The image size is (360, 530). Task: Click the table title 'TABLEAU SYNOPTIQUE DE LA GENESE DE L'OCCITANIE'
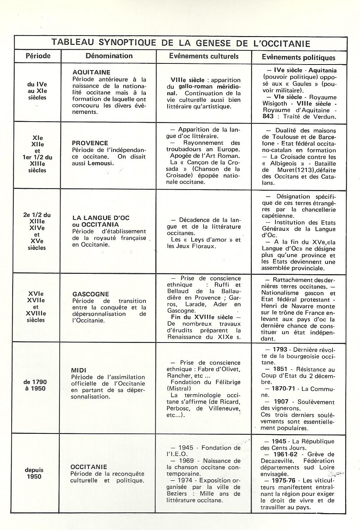[x=181, y=43]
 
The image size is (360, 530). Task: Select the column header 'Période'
[x=38, y=56]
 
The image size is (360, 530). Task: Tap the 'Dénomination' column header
[x=109, y=56]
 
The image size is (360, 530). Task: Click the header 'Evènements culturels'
[x=204, y=56]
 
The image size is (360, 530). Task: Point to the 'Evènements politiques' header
[x=298, y=57]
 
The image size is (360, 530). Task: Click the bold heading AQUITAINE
[x=91, y=72]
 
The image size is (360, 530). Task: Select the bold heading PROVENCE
[x=90, y=143]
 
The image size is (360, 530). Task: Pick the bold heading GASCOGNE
[x=91, y=294]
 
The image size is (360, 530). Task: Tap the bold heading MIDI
[x=79, y=370]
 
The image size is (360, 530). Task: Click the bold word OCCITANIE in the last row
[x=89, y=467]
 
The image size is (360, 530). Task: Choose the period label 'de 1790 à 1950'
[x=35, y=385]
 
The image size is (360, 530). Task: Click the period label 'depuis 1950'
[x=34, y=473]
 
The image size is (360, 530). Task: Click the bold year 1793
[x=281, y=350]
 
